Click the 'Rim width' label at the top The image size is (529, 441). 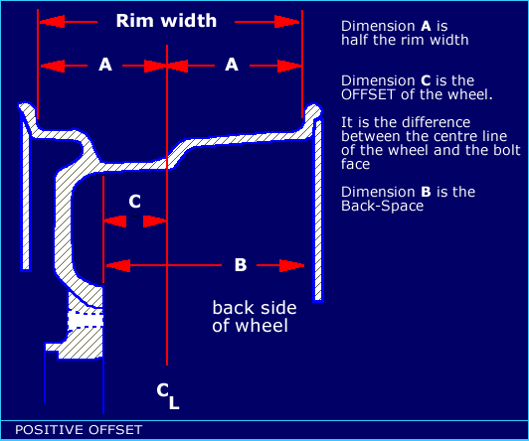pos(166,21)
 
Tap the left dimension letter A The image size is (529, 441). pos(105,64)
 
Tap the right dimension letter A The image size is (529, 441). pos(232,64)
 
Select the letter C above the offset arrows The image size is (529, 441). pos(134,202)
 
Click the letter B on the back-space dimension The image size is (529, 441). pos(241,265)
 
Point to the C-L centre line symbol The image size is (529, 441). pos(168,396)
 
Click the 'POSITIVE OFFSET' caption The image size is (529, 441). pos(79,430)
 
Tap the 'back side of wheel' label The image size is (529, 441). pos(255,317)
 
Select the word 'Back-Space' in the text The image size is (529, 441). pos(382,206)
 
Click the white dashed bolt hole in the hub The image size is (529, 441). pos(86,319)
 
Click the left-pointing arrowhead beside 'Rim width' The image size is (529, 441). pos(52,22)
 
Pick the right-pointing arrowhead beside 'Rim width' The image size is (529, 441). pos(286,22)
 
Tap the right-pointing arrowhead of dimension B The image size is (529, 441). pos(291,265)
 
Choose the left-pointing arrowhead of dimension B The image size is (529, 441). pos(118,265)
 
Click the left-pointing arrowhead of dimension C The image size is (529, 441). pos(114,221)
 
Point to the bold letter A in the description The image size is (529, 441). pos(427,26)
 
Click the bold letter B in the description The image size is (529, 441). pos(427,192)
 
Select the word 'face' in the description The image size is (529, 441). pos(355,164)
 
